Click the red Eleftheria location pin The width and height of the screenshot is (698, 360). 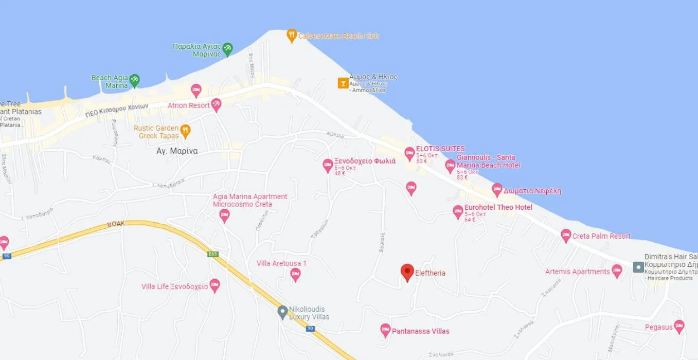tap(407, 272)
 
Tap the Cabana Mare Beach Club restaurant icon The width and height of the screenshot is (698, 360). tap(292, 35)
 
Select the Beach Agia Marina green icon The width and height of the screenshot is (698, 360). tap(134, 80)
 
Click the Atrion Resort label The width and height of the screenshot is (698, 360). tap(188, 105)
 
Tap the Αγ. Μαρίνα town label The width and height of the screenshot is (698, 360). tap(177, 151)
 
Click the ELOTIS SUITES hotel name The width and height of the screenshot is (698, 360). tap(440, 149)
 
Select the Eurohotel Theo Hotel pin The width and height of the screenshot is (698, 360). tap(458, 211)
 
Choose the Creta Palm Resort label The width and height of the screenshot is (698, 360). tap(601, 236)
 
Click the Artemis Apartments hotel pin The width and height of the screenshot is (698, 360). tap(617, 271)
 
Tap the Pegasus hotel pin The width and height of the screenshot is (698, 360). tap(679, 326)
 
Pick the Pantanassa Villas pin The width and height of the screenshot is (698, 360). tap(385, 330)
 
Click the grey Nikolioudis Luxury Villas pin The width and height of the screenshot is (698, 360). tap(282, 312)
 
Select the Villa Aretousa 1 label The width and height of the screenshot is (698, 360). tap(281, 263)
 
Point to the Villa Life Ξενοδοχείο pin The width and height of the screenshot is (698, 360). tap(214, 285)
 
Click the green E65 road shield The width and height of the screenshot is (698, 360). tap(213, 254)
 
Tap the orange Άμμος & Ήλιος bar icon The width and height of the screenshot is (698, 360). tap(343, 83)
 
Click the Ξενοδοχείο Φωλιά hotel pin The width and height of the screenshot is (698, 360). tap(328, 165)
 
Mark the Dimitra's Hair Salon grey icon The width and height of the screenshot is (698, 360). tap(638, 267)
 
